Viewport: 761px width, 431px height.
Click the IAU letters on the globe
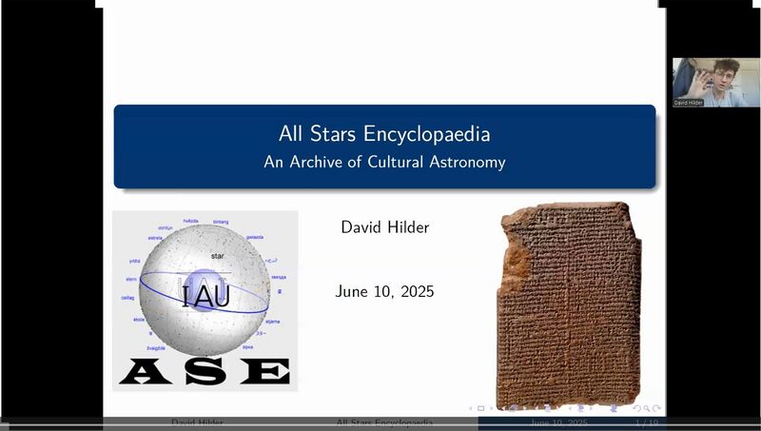tap(205, 296)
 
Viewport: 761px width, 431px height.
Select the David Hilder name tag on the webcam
tap(689, 102)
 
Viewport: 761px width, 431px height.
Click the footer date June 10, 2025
tap(558, 421)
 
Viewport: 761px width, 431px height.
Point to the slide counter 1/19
tap(647, 421)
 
